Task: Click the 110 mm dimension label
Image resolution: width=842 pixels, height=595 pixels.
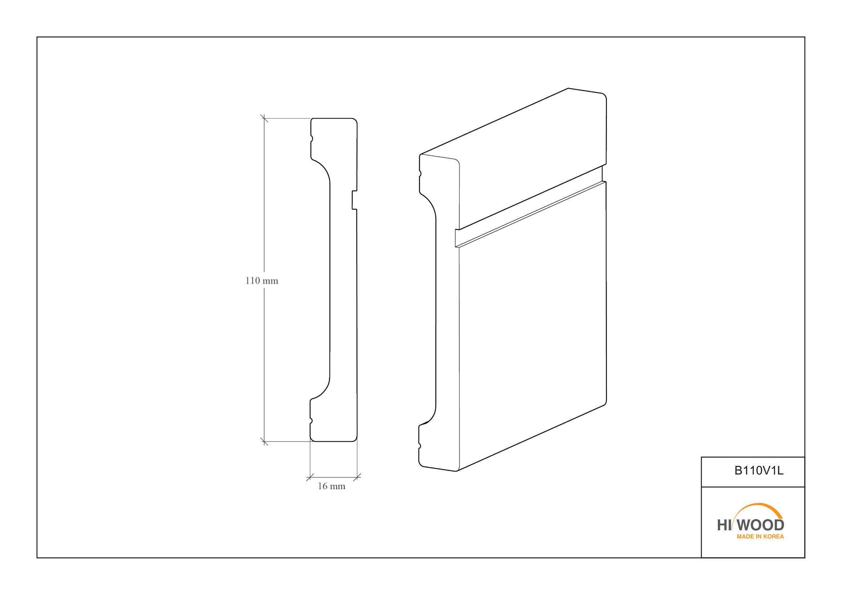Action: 261,281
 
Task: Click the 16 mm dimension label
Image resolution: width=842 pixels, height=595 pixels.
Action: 332,486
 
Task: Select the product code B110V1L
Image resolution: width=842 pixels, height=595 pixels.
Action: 759,471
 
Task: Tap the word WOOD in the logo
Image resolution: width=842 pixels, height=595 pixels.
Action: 761,525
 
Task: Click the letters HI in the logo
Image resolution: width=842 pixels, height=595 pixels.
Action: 724,525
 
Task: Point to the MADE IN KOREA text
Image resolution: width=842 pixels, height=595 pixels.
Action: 760,537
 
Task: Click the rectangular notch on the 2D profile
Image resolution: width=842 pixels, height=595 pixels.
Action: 354,200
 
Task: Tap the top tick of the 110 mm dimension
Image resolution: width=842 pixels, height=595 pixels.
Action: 264,118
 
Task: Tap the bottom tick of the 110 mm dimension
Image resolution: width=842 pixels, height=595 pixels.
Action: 264,441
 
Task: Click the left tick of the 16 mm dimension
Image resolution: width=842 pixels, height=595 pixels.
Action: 310,477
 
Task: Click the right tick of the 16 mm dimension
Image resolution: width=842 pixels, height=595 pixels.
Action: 357,477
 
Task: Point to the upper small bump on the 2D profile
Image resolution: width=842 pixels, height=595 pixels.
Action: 312,138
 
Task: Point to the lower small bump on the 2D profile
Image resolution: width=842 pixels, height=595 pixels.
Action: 311,421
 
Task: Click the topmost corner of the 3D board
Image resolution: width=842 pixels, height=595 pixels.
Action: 568,88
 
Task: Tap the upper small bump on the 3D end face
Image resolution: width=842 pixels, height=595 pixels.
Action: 420,174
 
